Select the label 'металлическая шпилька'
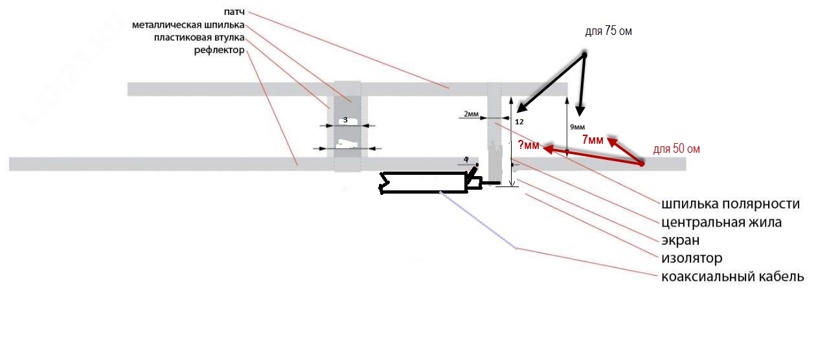click(x=188, y=25)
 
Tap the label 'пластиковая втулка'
click(x=199, y=38)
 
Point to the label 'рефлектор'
click(x=219, y=50)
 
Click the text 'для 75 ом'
click(x=608, y=32)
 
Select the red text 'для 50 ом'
click(x=676, y=149)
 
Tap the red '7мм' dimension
click(x=592, y=139)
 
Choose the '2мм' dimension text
click(x=471, y=114)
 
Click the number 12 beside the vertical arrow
click(x=519, y=121)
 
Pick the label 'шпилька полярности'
click(x=731, y=204)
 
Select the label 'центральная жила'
click(x=721, y=222)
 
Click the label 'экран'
click(x=680, y=240)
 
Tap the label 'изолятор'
click(x=692, y=258)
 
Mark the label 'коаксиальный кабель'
click(x=732, y=276)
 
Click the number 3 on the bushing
click(x=345, y=120)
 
